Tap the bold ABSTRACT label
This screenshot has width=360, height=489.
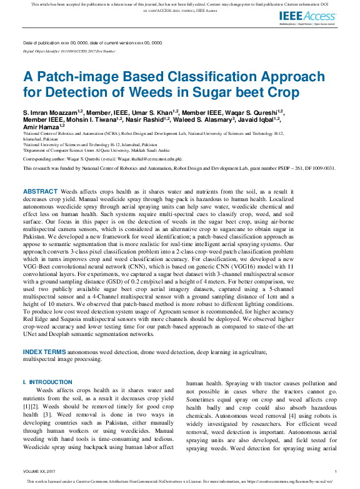click(x=40, y=174)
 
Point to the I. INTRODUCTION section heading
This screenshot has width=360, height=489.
click(x=47, y=382)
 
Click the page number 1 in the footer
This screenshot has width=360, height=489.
click(x=336, y=471)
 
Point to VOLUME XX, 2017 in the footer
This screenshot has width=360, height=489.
click(x=39, y=471)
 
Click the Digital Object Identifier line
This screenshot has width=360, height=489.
click(x=69, y=51)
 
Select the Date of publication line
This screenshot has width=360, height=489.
click(x=92, y=42)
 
